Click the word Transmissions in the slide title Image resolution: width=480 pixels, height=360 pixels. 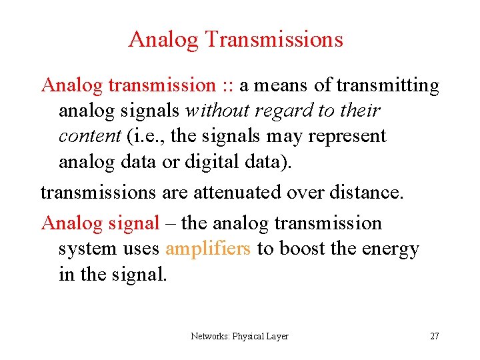pyautogui.click(x=274, y=39)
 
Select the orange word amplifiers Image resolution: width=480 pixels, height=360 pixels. pyautogui.click(x=207, y=249)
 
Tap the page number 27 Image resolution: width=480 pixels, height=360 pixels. pyautogui.click(x=434, y=336)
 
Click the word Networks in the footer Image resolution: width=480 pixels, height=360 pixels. pyautogui.click(x=210, y=336)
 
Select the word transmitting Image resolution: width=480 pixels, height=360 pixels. pyautogui.click(x=388, y=85)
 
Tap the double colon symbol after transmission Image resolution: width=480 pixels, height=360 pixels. pyautogui.click(x=227, y=86)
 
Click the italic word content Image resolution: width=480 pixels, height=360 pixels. pyautogui.click(x=89, y=136)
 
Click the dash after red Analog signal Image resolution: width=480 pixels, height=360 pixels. pyautogui.click(x=170, y=223)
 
